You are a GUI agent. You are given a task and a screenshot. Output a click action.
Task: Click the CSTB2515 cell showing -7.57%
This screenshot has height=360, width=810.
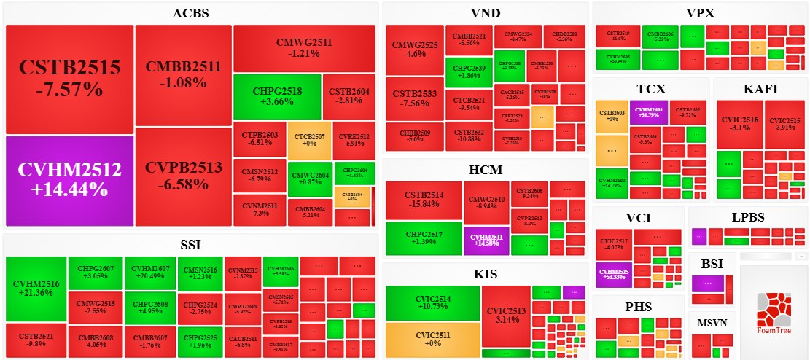[x=69, y=79]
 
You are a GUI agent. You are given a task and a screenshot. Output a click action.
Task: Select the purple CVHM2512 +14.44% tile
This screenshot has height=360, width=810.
[x=69, y=180]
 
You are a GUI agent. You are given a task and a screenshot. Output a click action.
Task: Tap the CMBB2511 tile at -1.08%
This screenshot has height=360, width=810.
[x=183, y=74]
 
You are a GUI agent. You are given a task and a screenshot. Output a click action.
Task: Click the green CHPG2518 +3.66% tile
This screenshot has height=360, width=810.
[x=277, y=96]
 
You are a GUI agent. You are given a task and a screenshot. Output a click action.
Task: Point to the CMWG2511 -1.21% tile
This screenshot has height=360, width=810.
[x=304, y=48]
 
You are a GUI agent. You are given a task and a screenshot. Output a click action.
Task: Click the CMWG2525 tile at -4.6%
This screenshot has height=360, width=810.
[x=414, y=50]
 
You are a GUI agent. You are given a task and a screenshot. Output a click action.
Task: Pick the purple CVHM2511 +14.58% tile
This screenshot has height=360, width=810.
[x=486, y=240]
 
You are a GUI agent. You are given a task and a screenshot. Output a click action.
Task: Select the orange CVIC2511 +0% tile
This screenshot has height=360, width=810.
[x=432, y=339]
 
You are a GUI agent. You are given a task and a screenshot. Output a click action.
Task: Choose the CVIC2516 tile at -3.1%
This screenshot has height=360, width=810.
[x=739, y=124]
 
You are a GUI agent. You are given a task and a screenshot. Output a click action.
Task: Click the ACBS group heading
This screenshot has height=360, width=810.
[x=191, y=13]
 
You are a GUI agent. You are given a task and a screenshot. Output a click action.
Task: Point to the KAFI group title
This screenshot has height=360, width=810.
[x=760, y=89]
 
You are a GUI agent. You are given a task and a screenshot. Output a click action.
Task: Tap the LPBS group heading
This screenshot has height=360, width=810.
[x=749, y=217]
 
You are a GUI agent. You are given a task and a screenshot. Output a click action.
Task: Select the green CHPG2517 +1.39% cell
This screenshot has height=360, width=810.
[x=423, y=240]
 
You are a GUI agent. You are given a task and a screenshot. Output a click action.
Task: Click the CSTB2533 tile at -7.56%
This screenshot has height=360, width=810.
[x=414, y=99]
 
